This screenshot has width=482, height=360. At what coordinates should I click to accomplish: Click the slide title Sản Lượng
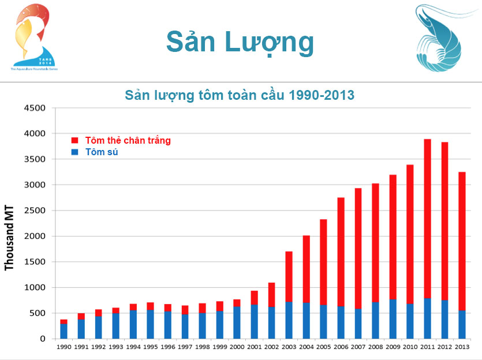(240, 42)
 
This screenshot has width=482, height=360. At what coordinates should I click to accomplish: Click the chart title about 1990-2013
(240, 95)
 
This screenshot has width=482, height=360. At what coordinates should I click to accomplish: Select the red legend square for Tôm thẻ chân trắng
(74, 140)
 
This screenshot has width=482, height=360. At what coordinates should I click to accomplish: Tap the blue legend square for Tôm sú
(74, 152)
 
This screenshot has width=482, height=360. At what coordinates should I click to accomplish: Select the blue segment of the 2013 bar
(462, 324)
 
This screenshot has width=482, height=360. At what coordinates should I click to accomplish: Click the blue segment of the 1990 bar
(63, 331)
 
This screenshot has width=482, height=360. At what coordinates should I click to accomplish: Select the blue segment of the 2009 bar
(393, 319)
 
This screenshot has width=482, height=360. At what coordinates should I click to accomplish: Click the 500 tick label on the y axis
(36, 313)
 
